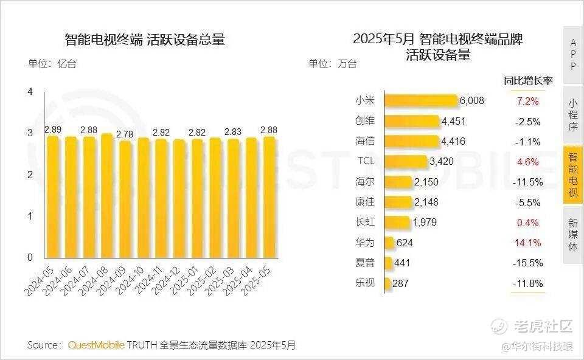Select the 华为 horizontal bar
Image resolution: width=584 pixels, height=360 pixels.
(x=389, y=243)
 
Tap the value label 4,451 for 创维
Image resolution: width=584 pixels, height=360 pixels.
(x=453, y=122)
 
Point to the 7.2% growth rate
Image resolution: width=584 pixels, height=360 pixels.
(x=527, y=101)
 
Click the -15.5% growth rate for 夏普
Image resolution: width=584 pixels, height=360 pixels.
(x=527, y=263)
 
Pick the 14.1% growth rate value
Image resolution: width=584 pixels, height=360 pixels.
(x=527, y=243)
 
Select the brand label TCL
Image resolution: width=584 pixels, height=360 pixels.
(x=365, y=162)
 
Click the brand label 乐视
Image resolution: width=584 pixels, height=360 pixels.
(x=365, y=283)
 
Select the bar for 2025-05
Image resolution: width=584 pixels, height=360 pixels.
(x=268, y=198)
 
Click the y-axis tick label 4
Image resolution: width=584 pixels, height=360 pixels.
(x=30, y=92)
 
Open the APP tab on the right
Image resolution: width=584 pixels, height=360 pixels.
(x=573, y=54)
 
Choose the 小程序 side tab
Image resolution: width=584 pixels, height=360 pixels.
(x=573, y=115)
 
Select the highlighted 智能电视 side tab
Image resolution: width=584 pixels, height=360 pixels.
(x=573, y=175)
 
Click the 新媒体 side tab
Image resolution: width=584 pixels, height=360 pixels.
(x=573, y=234)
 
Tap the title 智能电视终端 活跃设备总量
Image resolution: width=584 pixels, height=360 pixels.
(x=145, y=40)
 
